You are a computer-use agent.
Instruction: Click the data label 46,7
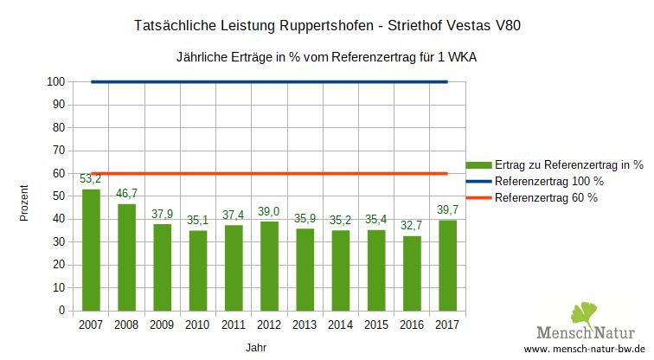(126, 194)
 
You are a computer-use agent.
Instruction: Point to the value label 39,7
(446, 209)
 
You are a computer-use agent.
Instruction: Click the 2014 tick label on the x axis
(340, 325)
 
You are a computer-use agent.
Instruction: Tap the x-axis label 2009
(162, 325)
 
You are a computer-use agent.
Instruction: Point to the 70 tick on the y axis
(59, 151)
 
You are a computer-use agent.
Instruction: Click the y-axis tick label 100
(56, 82)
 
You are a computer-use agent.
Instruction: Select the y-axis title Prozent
(25, 203)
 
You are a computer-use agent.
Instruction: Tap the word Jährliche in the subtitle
(202, 57)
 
